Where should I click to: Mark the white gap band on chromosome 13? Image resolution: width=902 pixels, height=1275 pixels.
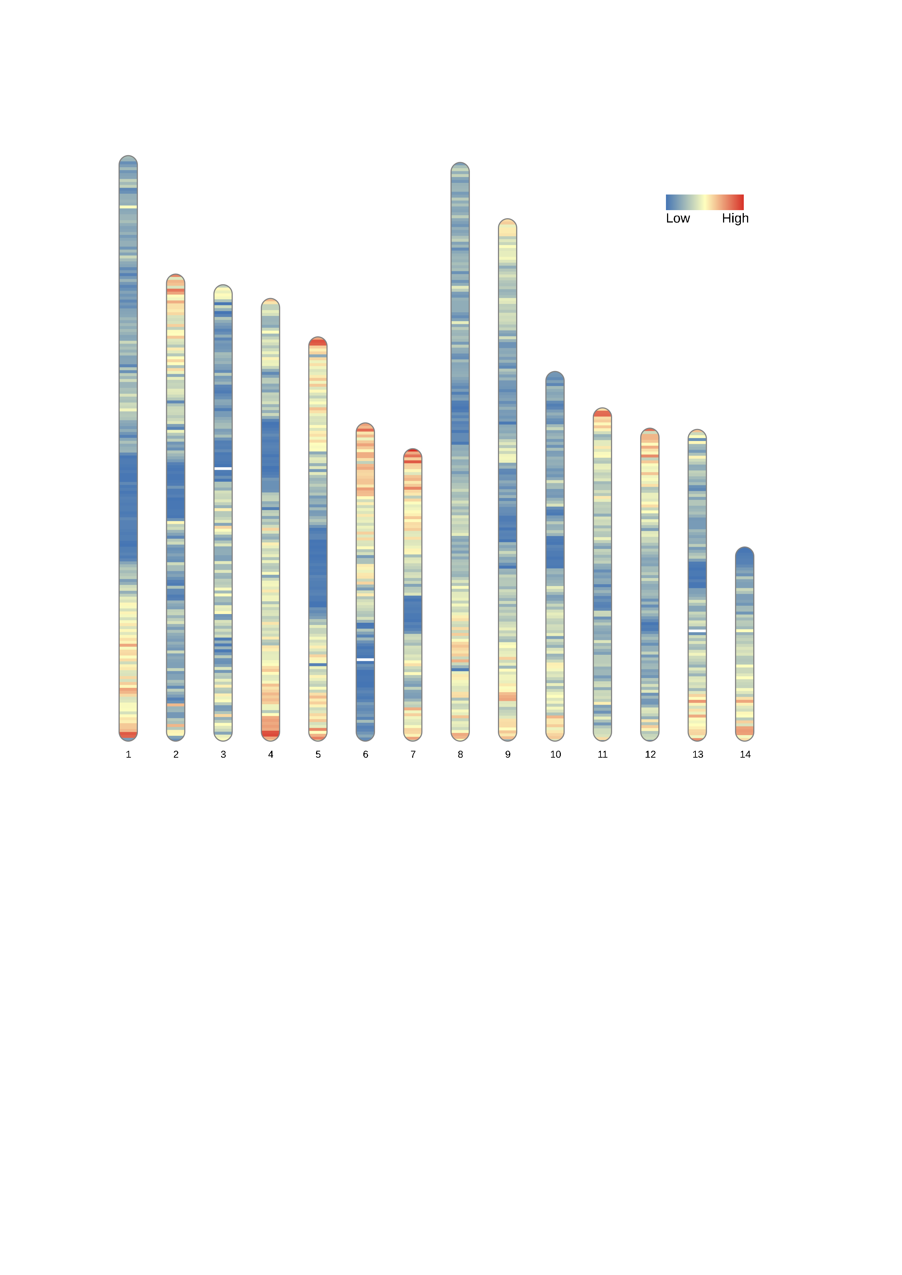[x=698, y=632]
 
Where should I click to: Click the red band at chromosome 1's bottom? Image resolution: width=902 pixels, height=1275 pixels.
[x=128, y=735]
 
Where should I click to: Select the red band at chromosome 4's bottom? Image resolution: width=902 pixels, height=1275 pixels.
[x=271, y=734]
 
